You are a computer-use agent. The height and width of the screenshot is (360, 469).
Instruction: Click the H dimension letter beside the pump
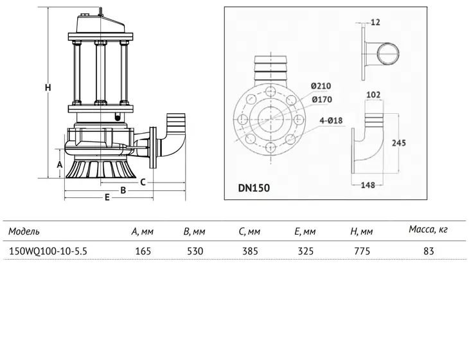(x=48, y=87)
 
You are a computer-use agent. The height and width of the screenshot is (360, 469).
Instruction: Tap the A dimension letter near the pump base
(x=60, y=165)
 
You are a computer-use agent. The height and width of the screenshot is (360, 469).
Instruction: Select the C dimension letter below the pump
(x=143, y=182)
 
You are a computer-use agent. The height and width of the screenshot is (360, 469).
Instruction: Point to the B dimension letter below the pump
(x=123, y=190)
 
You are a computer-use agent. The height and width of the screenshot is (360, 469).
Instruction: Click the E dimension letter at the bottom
(x=107, y=197)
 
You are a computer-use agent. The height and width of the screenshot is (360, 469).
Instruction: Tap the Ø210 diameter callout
(x=321, y=86)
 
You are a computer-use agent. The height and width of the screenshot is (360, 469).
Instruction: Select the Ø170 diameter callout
(x=322, y=100)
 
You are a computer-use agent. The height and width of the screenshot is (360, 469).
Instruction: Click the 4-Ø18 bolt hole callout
(x=331, y=121)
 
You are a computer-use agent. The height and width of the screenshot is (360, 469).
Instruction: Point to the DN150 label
(x=254, y=188)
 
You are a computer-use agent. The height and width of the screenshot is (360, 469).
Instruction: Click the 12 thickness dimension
(x=375, y=22)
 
